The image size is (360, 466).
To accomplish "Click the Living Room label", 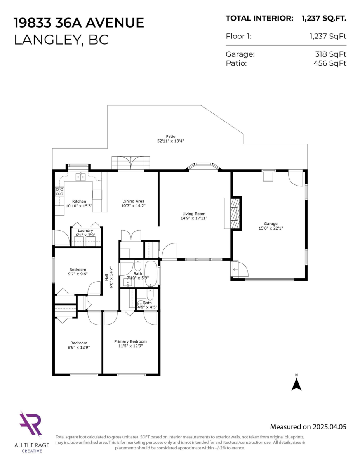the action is (194, 214).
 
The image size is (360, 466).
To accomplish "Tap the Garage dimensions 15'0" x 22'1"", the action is (271, 228).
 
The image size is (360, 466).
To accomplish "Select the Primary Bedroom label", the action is (130, 341).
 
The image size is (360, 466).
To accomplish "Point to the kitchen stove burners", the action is (59, 191).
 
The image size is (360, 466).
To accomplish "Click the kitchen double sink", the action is (81, 177).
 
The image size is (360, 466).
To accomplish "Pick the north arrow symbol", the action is (296, 384).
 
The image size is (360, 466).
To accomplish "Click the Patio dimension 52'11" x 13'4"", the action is (170, 141).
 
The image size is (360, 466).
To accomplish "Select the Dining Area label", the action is (133, 201).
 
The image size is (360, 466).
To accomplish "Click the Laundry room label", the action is (85, 231).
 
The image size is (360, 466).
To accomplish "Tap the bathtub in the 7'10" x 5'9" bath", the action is (151, 274).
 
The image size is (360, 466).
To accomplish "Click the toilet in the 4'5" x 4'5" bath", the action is (150, 294).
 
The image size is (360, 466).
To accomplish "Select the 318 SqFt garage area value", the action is (330, 54).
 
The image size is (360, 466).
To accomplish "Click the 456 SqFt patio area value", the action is (330, 63).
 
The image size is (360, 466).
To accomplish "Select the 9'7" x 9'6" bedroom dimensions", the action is (78, 274).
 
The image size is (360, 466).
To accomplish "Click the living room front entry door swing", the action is (169, 252).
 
